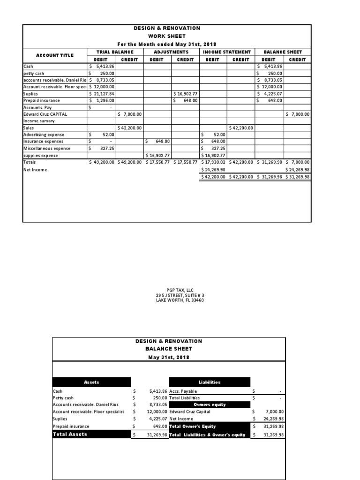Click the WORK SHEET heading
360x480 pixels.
tap(167, 36)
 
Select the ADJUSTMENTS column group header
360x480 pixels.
tap(171, 52)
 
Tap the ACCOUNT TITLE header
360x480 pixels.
tap(55, 55)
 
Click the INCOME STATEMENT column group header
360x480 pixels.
tap(227, 52)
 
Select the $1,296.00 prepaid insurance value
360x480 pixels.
tap(102, 100)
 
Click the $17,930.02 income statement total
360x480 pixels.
tap(213, 162)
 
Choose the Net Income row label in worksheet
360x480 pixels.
tap(35, 170)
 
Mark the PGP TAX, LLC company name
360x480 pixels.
tap(180, 291)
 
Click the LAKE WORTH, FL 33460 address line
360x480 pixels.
tap(180, 300)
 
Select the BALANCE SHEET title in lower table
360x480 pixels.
tap(168, 349)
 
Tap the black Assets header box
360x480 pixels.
tap(91, 382)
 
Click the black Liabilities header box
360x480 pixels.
tap(209, 382)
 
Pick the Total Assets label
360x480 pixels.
tap(70, 435)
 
